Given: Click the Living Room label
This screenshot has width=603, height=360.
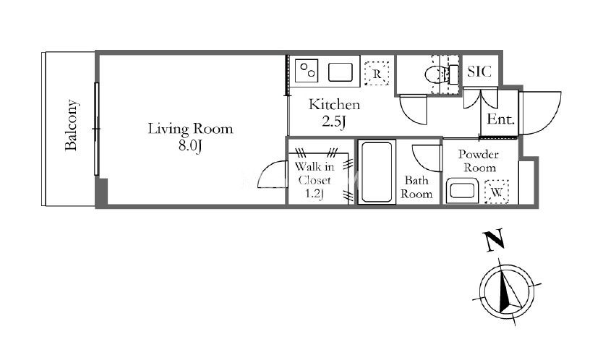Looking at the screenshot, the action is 190,129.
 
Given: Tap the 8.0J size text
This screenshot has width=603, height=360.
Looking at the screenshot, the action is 190,146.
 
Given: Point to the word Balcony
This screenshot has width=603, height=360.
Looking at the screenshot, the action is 72,125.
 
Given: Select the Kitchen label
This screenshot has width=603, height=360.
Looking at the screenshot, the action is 334,105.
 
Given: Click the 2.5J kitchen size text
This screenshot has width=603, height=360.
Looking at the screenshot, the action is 334,121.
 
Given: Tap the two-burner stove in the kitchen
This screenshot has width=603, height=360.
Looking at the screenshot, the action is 307,70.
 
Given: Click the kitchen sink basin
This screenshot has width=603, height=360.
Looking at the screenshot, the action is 341,72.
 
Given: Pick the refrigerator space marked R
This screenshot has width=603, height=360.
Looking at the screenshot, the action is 377,73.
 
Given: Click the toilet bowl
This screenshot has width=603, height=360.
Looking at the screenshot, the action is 437,73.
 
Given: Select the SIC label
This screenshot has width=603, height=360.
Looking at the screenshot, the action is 479,72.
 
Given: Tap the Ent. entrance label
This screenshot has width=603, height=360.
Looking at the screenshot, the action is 500,119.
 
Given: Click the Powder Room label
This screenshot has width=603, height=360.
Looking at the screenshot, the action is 479,161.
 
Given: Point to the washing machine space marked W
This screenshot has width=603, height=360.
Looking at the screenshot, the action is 497,192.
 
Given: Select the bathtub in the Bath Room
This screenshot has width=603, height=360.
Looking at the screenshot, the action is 377,171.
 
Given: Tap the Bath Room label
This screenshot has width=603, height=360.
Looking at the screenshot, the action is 416,187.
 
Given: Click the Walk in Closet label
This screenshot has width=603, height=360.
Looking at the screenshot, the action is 315,173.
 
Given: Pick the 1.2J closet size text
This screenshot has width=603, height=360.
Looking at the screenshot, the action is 315,194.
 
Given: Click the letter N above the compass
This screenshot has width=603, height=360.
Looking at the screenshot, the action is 494,241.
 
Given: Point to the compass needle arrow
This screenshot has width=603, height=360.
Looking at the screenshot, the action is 509,291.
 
